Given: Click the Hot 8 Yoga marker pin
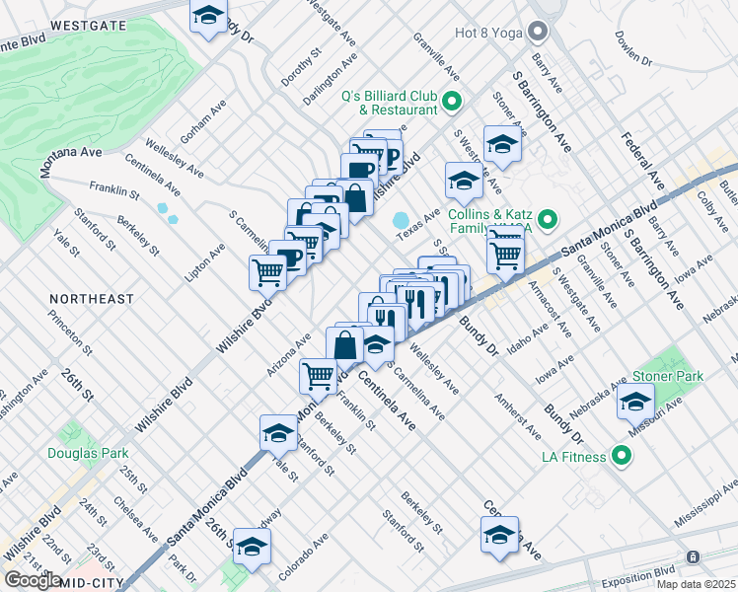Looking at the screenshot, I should pyautogui.click(x=537, y=33).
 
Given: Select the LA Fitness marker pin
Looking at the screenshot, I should pyautogui.click(x=621, y=456).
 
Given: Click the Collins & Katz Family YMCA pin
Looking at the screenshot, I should pyautogui.click(x=551, y=219).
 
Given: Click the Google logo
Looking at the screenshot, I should pyautogui.click(x=34, y=580).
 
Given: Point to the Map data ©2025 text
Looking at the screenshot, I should pyautogui.click(x=696, y=584).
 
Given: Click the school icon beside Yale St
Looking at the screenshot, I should pyautogui.click(x=278, y=433).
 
